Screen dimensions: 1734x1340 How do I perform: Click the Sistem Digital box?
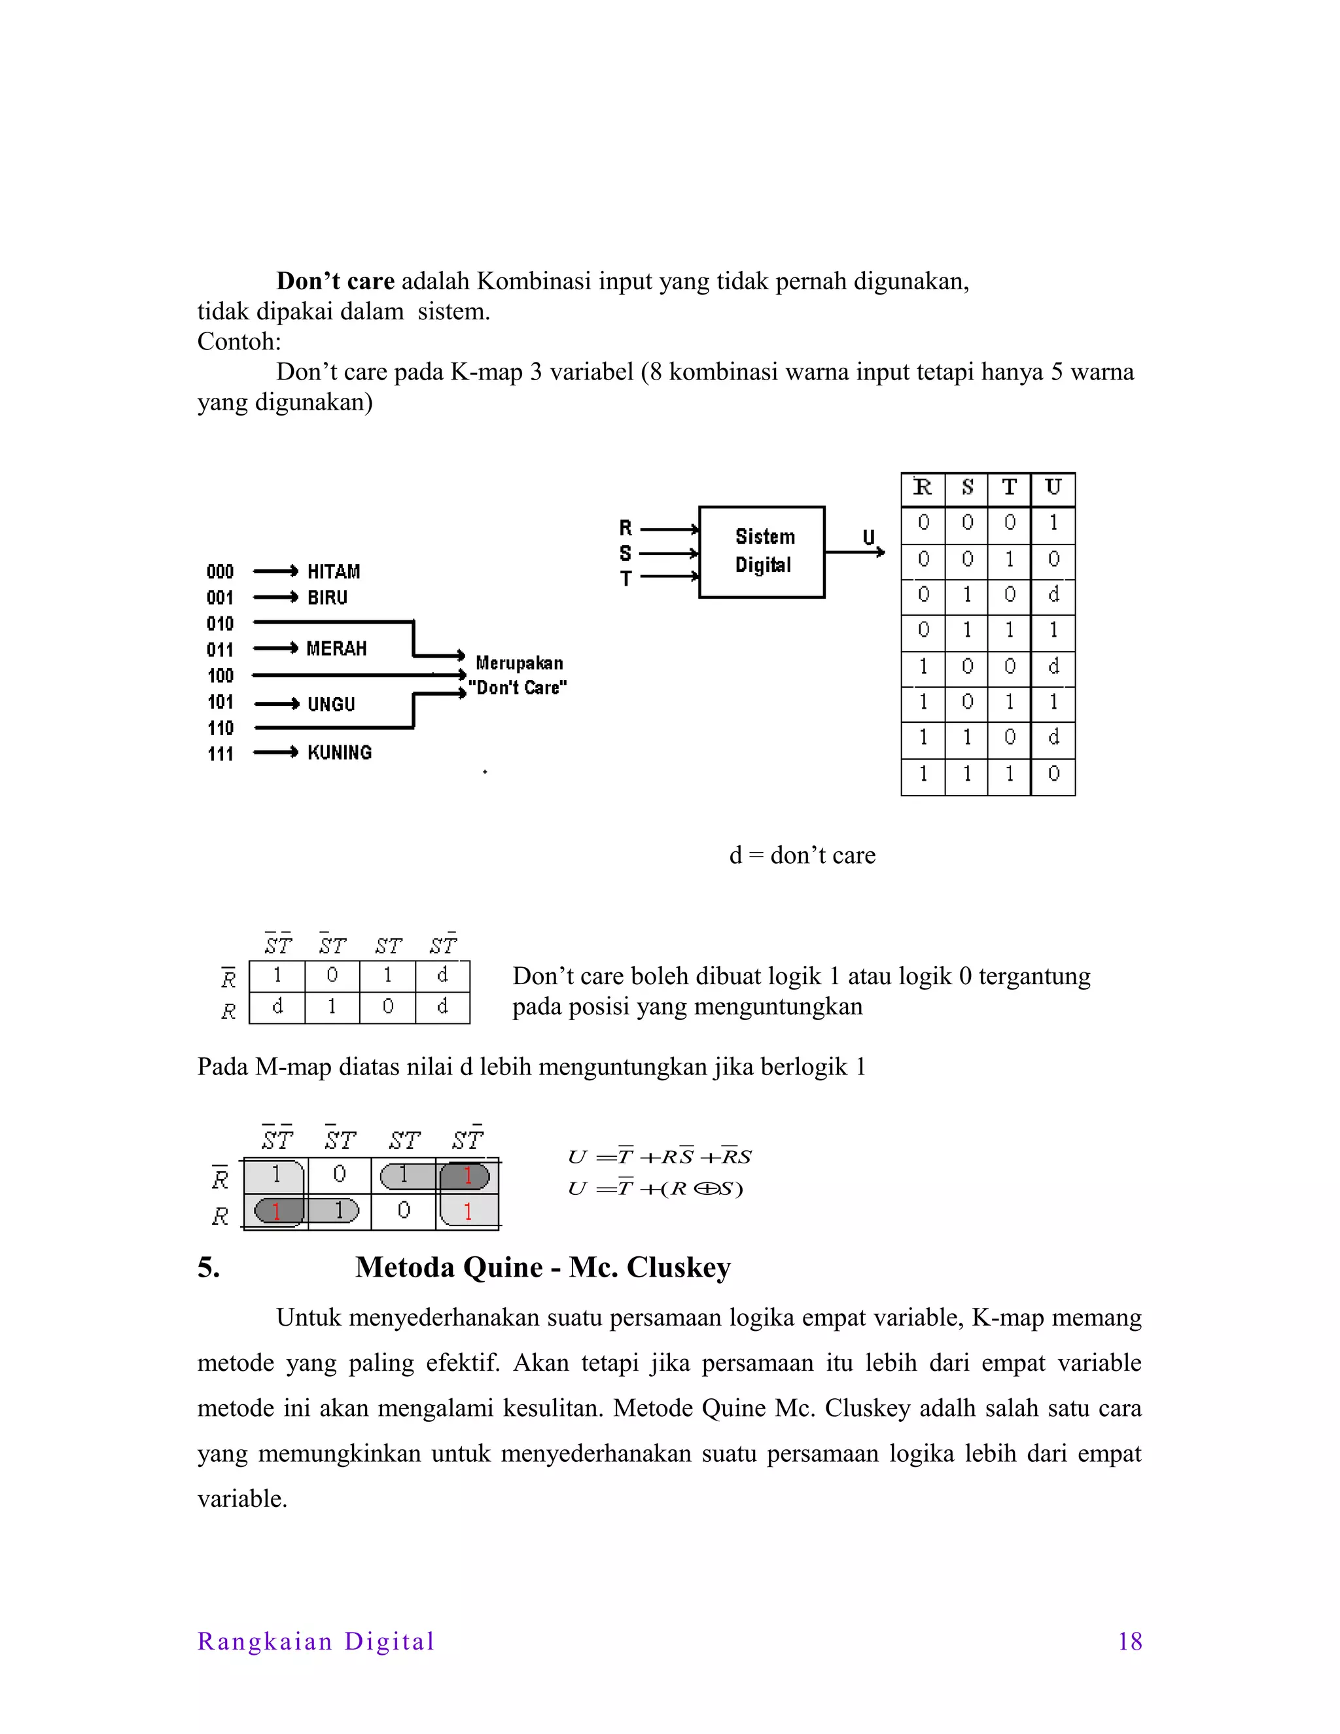(762, 552)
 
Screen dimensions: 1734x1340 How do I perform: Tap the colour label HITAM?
(334, 572)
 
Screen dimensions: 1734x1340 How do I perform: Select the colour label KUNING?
(339, 752)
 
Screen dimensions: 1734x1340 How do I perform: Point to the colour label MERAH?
(336, 648)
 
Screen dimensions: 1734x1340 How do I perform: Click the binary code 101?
(220, 703)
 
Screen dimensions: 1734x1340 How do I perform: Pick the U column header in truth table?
(1053, 487)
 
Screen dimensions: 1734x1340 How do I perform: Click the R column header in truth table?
(923, 487)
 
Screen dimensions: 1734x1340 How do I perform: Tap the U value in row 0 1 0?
(1053, 595)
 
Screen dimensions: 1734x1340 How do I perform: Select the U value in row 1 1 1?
(1053, 773)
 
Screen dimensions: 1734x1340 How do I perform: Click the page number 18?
(1129, 1641)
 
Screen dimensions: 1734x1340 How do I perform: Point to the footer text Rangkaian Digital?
(316, 1641)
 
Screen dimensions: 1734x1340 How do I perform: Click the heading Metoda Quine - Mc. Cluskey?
(542, 1267)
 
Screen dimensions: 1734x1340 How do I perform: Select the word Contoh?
(239, 342)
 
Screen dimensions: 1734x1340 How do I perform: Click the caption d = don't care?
(802, 855)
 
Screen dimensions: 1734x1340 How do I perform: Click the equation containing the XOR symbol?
(656, 1188)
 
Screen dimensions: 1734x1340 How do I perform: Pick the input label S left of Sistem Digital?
(626, 554)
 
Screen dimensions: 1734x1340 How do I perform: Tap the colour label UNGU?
(331, 704)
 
